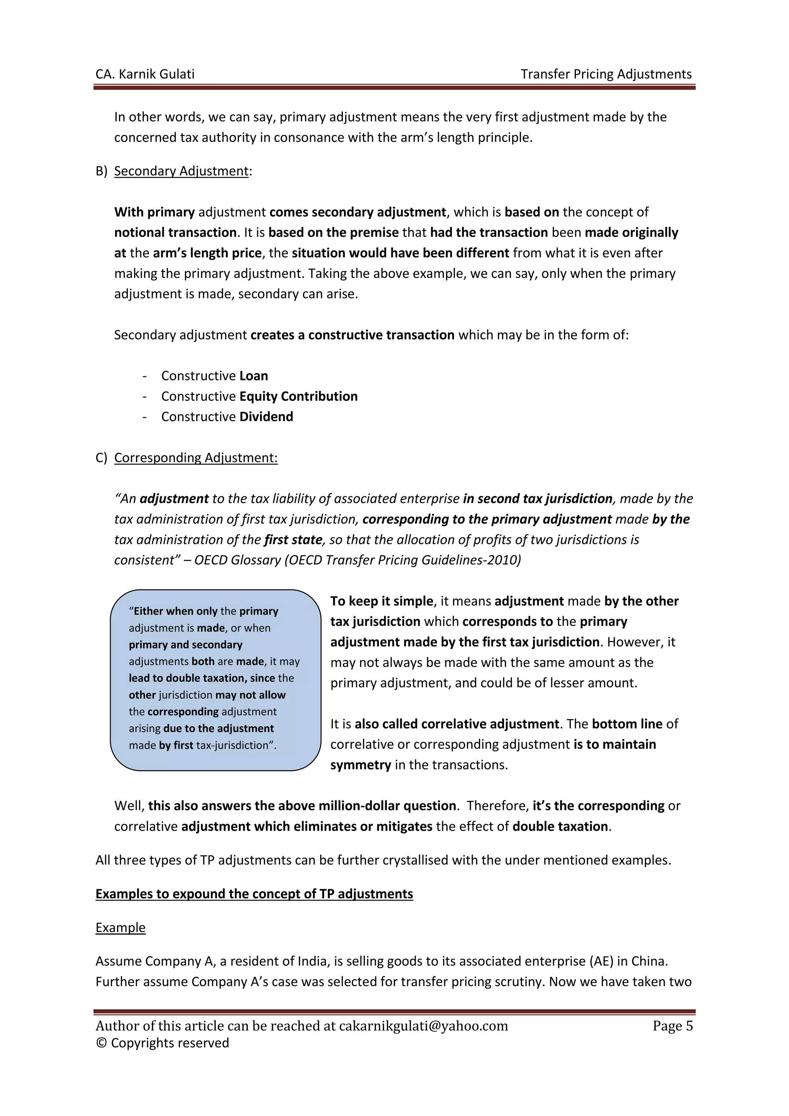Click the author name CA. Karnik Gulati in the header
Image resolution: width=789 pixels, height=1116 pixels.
pyautogui.click(x=145, y=74)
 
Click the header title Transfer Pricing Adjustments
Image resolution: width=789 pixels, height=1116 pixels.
pyautogui.click(x=606, y=74)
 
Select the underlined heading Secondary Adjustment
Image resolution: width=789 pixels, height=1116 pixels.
pyautogui.click(x=181, y=171)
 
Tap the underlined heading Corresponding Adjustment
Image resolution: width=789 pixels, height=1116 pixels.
pyautogui.click(x=196, y=458)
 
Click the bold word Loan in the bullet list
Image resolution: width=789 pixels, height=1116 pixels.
pyautogui.click(x=253, y=376)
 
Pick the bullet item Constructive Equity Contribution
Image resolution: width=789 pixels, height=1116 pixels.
pyautogui.click(x=259, y=396)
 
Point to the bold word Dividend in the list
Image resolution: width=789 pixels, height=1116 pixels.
pyautogui.click(x=266, y=417)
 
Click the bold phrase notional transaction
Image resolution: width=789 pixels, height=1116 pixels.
pyautogui.click(x=175, y=232)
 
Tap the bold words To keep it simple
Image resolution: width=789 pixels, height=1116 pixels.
pyautogui.click(x=382, y=601)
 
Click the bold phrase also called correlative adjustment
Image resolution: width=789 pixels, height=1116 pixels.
pyautogui.click(x=457, y=724)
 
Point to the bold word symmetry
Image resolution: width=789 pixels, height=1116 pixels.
pyautogui.click(x=361, y=765)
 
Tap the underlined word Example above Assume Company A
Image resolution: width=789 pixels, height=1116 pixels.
pyautogui.click(x=121, y=928)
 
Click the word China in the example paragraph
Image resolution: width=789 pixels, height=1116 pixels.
pyautogui.click(x=649, y=961)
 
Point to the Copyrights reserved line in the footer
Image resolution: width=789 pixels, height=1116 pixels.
pyautogui.click(x=162, y=1043)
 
